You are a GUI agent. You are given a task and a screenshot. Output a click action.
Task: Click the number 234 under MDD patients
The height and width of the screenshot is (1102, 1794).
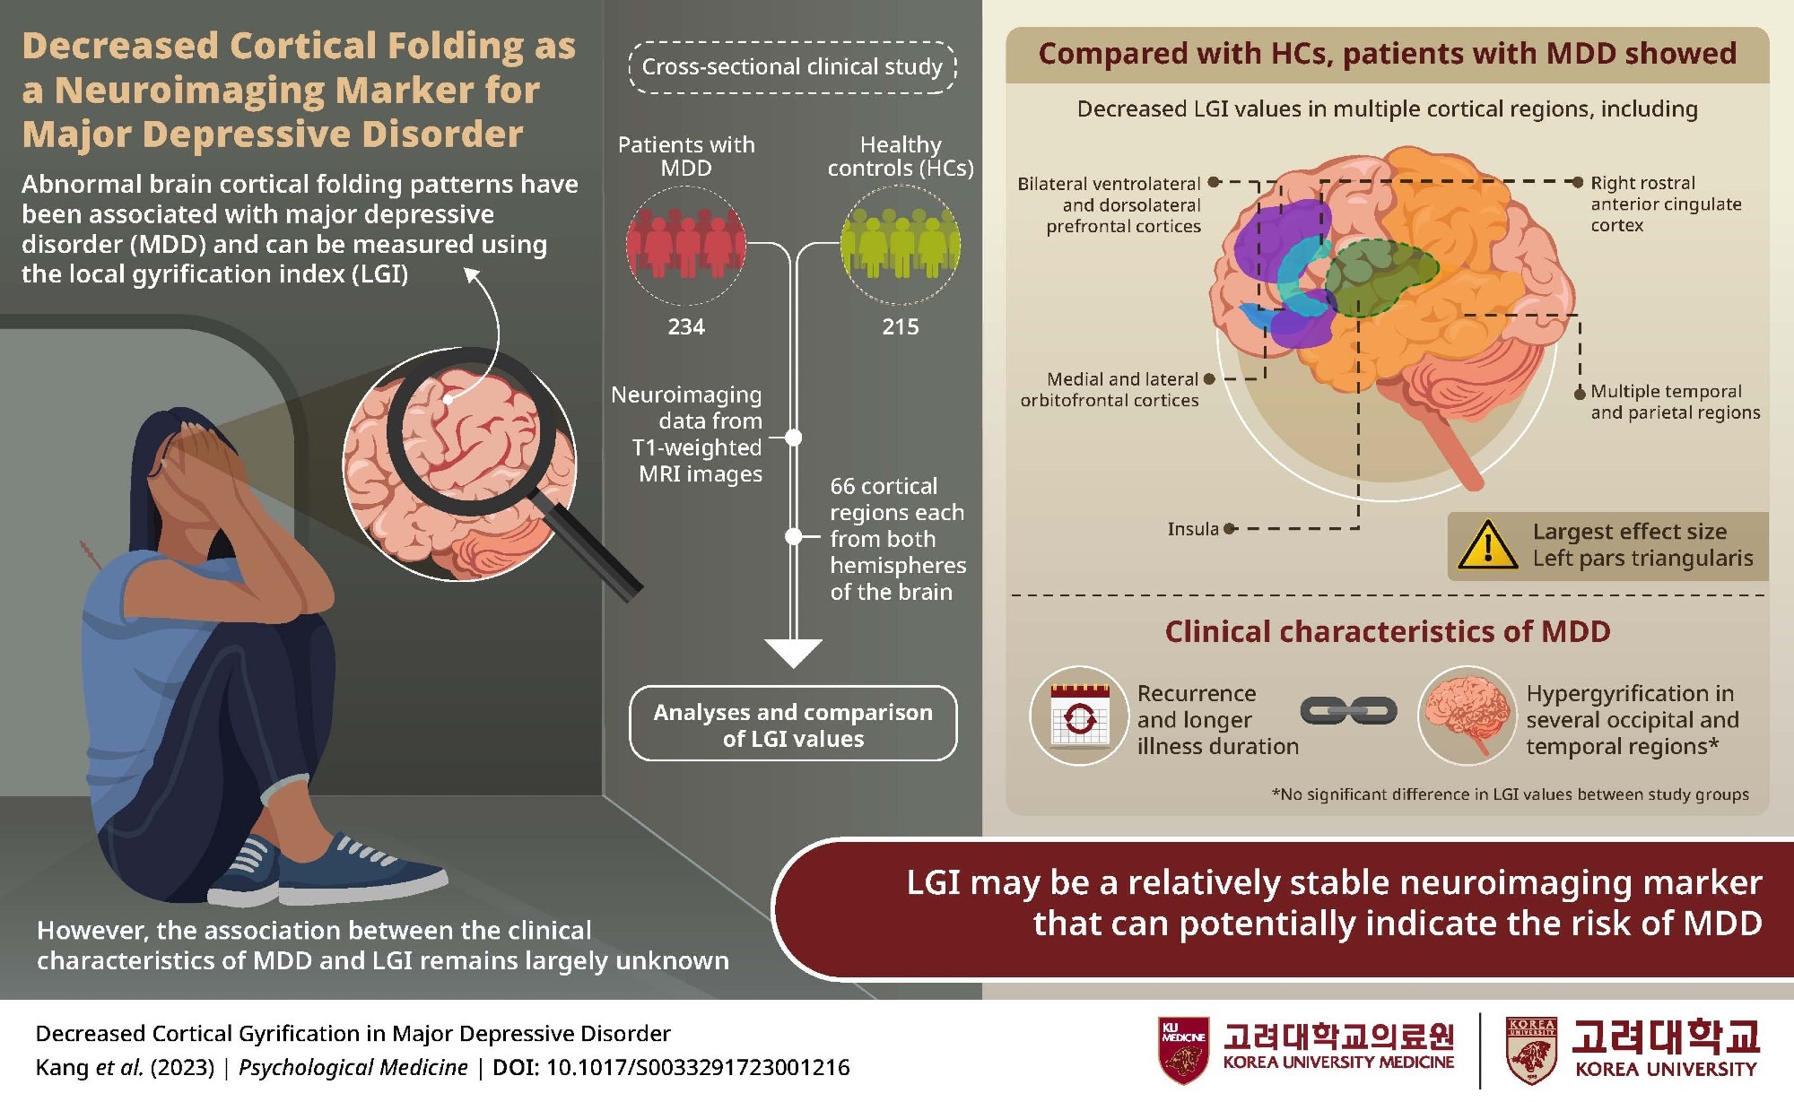(686, 327)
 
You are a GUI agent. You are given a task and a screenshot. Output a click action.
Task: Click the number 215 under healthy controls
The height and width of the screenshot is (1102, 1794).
(900, 327)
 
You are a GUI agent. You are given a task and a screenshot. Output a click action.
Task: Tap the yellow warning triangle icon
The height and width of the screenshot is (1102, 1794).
(1487, 545)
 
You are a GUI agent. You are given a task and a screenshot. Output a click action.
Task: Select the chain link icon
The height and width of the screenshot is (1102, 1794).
(1348, 712)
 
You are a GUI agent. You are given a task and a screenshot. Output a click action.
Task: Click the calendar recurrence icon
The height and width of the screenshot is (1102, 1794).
(1079, 716)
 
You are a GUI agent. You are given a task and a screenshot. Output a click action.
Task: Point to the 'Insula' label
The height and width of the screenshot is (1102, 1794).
(1192, 529)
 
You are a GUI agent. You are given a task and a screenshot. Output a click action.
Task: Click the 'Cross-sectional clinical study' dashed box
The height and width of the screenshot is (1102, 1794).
(793, 67)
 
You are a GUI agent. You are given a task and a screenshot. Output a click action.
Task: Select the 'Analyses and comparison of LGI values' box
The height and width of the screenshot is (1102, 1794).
(793, 725)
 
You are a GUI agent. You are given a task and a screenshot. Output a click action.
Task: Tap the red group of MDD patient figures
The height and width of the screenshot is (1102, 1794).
(686, 244)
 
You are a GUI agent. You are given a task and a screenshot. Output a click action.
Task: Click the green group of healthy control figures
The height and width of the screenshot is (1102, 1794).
(900, 244)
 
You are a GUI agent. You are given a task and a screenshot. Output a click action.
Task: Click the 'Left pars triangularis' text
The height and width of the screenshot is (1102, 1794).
(1642, 559)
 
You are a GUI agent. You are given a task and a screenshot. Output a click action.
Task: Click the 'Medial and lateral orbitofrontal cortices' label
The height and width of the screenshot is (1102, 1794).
(1110, 390)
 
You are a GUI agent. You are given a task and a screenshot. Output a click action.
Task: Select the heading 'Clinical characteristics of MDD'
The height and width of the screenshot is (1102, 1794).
(1387, 632)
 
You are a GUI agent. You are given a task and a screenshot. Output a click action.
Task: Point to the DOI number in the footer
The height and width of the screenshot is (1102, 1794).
(697, 1068)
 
